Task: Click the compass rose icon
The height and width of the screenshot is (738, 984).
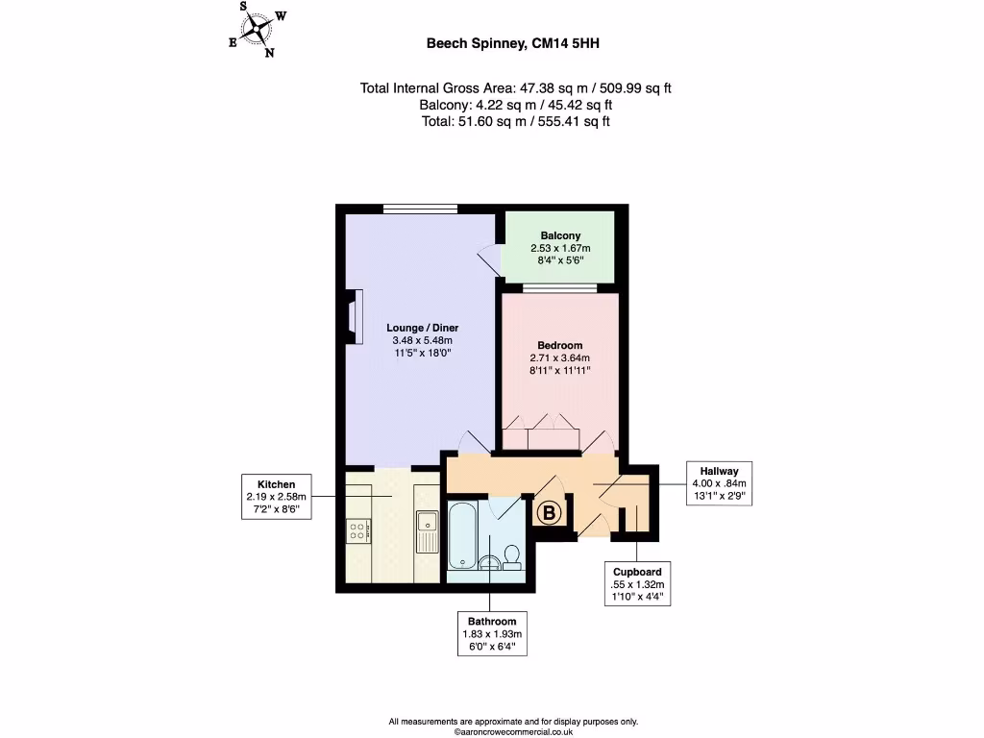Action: click(257, 29)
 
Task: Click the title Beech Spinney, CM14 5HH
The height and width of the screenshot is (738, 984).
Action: click(514, 42)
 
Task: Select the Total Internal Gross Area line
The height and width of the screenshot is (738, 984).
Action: click(515, 88)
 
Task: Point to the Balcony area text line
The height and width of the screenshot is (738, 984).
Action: click(515, 105)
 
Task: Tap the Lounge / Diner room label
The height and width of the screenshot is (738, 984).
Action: click(416, 340)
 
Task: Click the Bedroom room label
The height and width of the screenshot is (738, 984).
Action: click(559, 357)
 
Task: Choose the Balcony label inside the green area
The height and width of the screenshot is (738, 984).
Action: click(559, 247)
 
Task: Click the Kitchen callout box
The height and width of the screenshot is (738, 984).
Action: click(277, 497)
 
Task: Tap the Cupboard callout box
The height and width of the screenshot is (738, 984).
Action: click(637, 584)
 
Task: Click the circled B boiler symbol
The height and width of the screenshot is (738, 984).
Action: click(550, 514)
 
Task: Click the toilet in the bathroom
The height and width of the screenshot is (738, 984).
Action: click(512, 556)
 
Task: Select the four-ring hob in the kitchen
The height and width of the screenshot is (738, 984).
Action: click(357, 531)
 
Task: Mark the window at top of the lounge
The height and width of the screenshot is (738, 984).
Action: click(420, 209)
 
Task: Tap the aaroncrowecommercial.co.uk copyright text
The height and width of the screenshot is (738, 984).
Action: click(513, 731)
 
